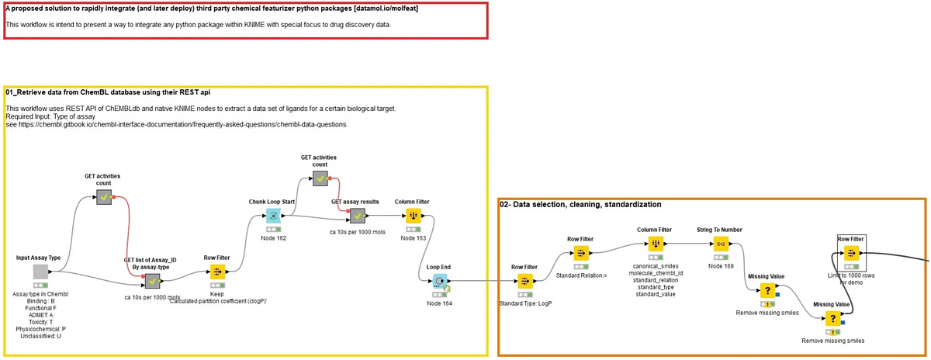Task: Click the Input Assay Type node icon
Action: [x=40, y=272]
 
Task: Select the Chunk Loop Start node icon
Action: [x=272, y=216]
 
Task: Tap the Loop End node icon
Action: [x=439, y=280]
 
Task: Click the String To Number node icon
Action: [x=721, y=243]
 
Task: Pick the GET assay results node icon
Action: [x=357, y=215]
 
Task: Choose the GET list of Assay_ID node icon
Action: [x=153, y=281]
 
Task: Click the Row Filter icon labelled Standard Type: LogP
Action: [x=524, y=281]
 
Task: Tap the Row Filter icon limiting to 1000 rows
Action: [x=851, y=253]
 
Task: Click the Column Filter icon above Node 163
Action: [x=412, y=215]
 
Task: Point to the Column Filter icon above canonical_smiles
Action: [x=655, y=243]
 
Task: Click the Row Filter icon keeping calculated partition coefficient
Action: [x=216, y=272]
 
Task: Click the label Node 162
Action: [x=272, y=237]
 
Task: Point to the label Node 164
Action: [x=439, y=303]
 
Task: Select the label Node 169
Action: [x=721, y=265]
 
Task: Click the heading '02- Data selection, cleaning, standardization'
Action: [x=580, y=205]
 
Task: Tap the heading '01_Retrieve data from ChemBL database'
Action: [x=108, y=92]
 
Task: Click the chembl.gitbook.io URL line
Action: [x=176, y=124]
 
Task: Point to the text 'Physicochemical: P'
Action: [x=40, y=329]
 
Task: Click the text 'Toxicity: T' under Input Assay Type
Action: [x=40, y=322]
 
